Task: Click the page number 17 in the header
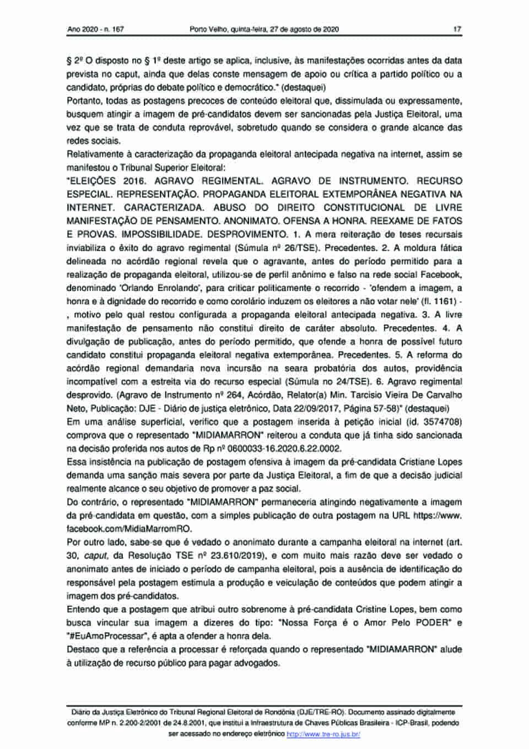pos(457,29)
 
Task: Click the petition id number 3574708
pos(442,422)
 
